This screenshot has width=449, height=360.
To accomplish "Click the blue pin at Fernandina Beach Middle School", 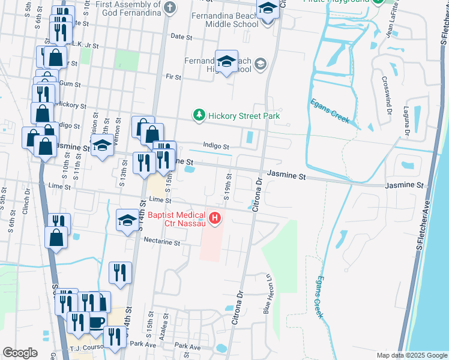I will coord(267,10).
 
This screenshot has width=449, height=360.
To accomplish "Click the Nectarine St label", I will coord(162,242).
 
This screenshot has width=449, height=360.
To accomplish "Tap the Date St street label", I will coord(181,37).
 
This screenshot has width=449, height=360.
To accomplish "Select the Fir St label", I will coord(173,77).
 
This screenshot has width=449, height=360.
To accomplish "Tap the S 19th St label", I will coord(229,185).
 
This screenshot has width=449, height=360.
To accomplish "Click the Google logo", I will coord(20,353).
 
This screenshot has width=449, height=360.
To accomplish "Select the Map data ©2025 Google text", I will coord(411,355).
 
